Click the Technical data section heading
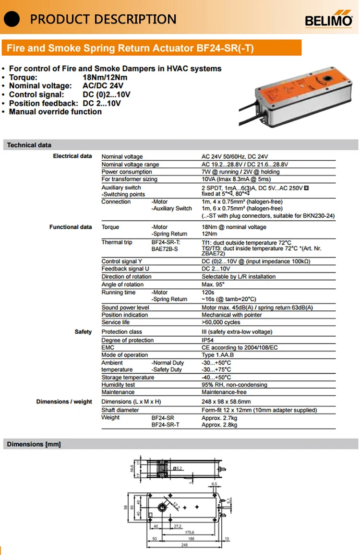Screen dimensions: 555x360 click(29, 145)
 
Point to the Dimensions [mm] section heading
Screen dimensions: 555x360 click(34, 444)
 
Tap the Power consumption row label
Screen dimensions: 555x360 click(126, 172)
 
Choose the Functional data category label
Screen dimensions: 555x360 click(71, 227)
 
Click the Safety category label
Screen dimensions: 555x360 click(83, 331)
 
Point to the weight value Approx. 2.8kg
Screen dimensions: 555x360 click(219, 425)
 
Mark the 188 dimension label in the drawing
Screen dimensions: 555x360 click(191, 539)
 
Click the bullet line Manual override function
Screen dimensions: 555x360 click(55, 112)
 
